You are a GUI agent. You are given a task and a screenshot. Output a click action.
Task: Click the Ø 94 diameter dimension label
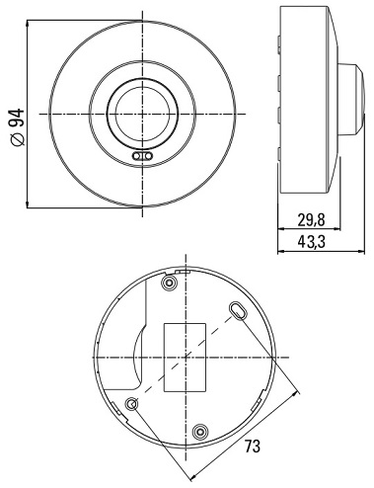(18, 126)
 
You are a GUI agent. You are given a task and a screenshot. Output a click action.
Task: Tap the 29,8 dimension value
(311, 220)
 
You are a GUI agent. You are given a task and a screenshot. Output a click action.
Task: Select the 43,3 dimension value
(311, 242)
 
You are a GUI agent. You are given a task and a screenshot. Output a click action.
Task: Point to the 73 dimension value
(253, 447)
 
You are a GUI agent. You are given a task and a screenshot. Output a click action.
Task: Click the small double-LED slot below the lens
(142, 156)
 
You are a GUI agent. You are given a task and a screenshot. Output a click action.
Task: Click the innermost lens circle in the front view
(142, 114)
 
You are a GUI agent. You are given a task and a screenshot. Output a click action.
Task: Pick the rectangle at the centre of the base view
(185, 358)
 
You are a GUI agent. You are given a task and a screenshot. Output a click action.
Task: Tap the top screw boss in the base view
(170, 283)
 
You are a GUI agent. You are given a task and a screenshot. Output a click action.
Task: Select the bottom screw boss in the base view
(200, 431)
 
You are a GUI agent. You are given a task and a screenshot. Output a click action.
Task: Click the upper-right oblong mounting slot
(238, 310)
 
